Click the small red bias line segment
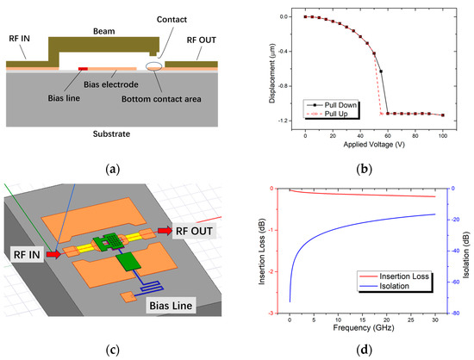pos(83,67)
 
